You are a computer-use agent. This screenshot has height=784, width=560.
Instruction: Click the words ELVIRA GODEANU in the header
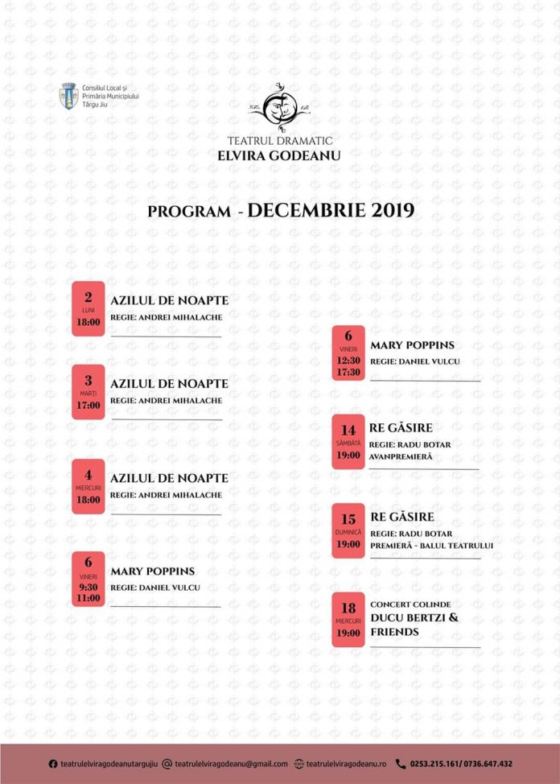pos(279,156)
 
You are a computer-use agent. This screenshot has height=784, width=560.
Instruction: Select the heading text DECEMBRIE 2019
pos(331,211)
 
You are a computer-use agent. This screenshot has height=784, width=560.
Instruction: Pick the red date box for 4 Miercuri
pos(89,487)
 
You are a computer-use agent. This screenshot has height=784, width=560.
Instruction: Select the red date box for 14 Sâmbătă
pos(348,442)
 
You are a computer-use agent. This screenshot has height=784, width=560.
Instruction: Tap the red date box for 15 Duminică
pos(348,531)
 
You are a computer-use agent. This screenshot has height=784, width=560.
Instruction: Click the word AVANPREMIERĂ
pos(401,457)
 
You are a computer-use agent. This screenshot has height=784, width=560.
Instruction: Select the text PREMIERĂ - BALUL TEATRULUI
pos(431,546)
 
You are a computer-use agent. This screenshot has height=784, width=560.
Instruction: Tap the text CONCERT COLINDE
pos(410,604)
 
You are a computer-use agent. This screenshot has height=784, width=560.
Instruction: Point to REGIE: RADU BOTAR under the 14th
pos(410,444)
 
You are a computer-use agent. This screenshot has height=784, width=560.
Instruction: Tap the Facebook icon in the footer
pos(53,764)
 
